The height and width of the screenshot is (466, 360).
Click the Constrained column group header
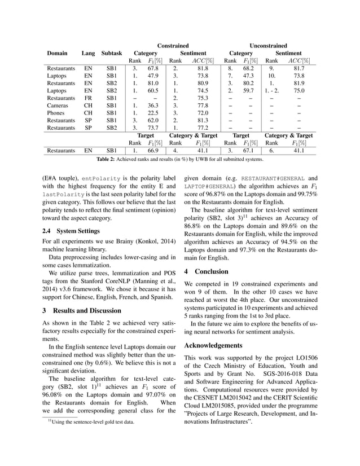173,45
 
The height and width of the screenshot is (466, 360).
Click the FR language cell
88,96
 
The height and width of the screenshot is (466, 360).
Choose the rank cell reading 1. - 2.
271,89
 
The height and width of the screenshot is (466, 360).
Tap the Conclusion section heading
212,271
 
